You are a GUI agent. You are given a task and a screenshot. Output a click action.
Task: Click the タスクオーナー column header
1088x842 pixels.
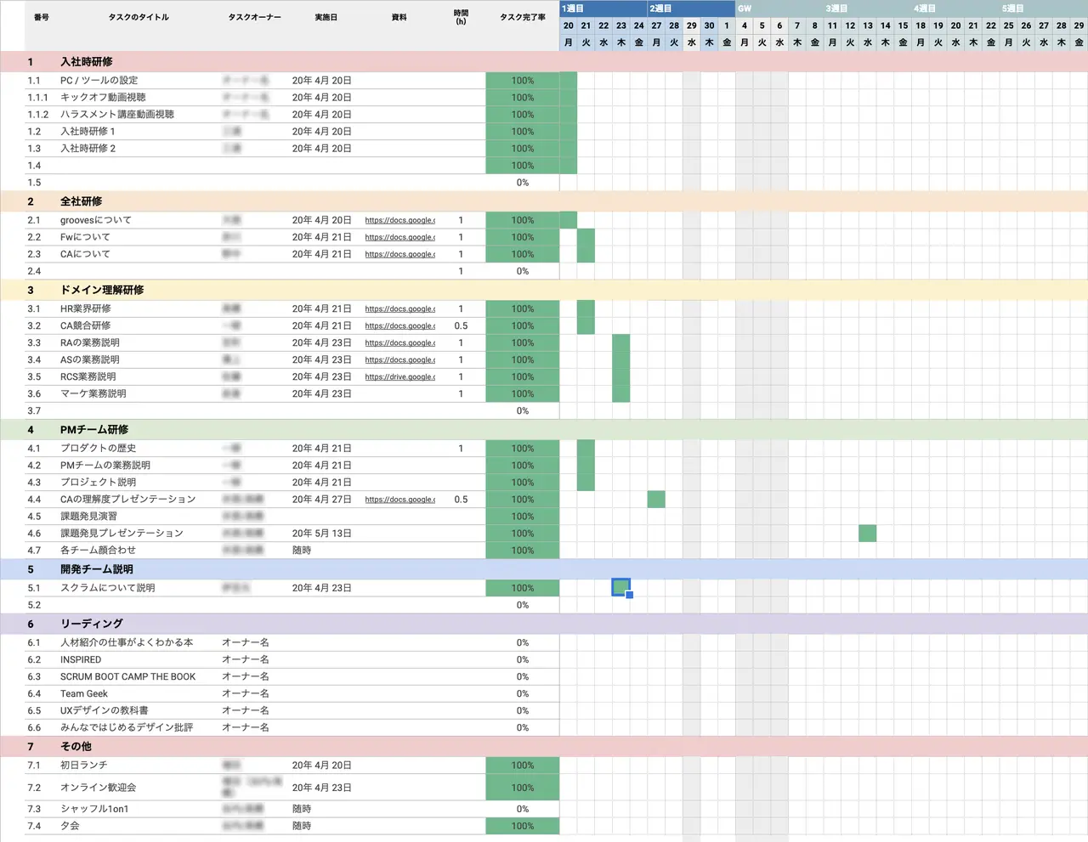254,17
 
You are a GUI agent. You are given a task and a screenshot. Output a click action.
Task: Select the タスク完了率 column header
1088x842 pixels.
522,17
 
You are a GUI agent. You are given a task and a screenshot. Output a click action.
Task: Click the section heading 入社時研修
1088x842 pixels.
86,62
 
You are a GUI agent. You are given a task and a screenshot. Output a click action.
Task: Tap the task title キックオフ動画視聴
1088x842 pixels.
103,98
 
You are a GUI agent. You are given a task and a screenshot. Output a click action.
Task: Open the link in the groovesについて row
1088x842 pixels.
399,221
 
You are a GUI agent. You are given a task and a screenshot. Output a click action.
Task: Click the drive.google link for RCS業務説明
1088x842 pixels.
399,377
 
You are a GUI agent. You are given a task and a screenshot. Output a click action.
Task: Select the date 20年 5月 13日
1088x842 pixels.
321,534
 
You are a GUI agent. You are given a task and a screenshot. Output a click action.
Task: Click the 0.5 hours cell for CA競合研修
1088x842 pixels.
461,326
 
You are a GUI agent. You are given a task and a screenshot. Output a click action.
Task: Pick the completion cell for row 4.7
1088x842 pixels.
522,551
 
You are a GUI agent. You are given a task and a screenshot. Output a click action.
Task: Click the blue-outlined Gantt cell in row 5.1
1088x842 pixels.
620,587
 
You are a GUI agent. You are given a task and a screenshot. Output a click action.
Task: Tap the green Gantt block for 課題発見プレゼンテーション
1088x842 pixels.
867,534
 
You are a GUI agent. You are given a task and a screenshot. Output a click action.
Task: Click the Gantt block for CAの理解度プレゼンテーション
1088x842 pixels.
656,500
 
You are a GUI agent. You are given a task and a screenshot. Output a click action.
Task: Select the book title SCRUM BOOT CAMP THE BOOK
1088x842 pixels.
127,677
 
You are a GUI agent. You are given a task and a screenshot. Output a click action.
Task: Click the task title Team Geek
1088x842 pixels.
84,694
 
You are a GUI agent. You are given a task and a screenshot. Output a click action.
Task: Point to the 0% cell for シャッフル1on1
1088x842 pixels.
522,809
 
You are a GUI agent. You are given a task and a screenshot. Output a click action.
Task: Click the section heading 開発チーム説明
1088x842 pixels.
97,569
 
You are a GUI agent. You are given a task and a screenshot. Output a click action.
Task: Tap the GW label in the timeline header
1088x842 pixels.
745,8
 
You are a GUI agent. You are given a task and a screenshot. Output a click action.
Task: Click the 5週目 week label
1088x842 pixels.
1012,8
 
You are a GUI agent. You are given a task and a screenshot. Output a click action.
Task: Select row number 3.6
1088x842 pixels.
34,394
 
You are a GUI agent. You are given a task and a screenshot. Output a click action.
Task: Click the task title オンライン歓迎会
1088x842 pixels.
98,788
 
